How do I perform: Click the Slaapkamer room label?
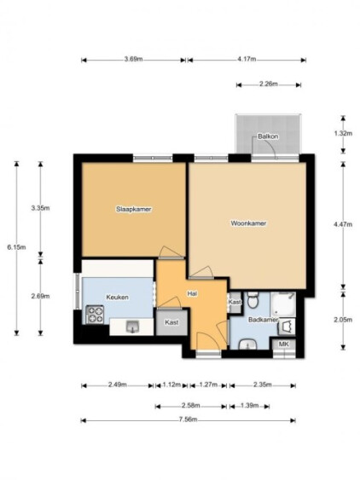[x=134, y=210]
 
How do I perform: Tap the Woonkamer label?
[x=248, y=223]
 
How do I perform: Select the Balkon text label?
[x=268, y=136]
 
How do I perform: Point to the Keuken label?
[x=118, y=298]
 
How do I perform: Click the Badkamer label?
[x=264, y=320]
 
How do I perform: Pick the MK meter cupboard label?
[x=284, y=344]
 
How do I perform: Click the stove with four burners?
[x=95, y=315]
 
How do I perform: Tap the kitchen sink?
[x=133, y=327]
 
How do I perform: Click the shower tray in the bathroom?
[x=282, y=304]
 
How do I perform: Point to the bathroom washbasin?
[x=248, y=344]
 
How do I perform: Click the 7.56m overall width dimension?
[x=189, y=419]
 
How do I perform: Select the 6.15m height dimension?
[x=16, y=247]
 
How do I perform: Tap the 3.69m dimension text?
[x=134, y=60]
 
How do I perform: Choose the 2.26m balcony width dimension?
[x=269, y=84]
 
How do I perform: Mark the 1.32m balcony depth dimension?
[x=343, y=133]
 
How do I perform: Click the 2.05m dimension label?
[x=343, y=320]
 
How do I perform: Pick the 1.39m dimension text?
[x=250, y=406]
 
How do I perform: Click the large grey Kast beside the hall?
[x=171, y=322]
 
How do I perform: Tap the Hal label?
[x=192, y=294]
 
